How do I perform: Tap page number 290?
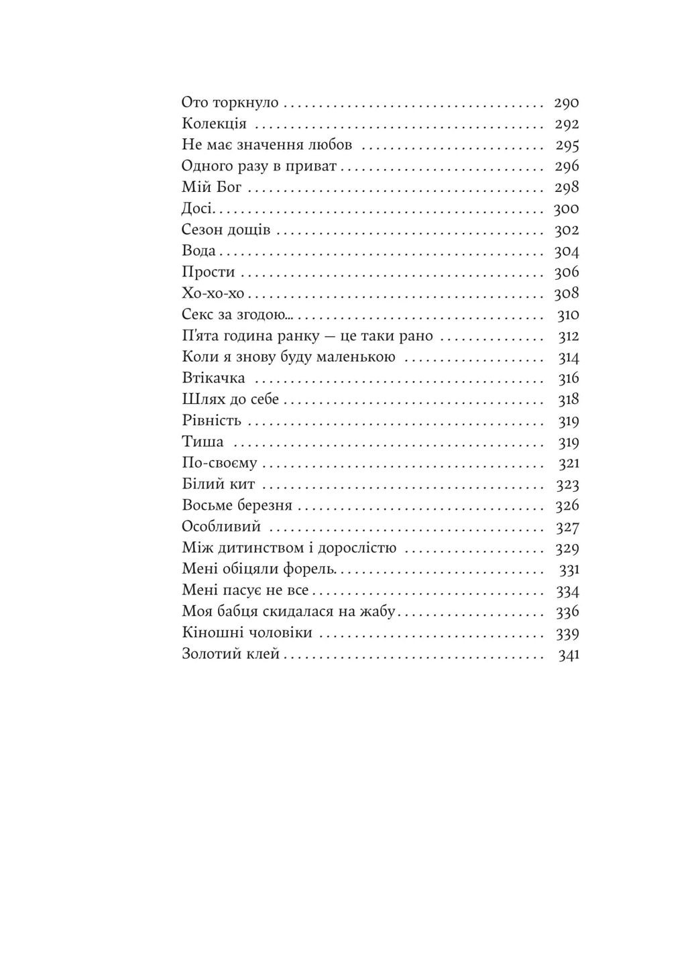[567, 103]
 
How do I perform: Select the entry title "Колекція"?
[214, 124]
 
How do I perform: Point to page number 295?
[567, 146]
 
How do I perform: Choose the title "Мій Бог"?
[211, 188]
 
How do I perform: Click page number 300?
[567, 209]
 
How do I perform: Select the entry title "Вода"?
[198, 251]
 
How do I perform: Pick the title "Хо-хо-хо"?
[213, 294]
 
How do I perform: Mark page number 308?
[567, 294]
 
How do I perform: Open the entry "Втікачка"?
[213, 379]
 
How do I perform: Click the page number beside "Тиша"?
[569, 443]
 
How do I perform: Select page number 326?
[567, 506]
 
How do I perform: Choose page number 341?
[569, 655]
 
